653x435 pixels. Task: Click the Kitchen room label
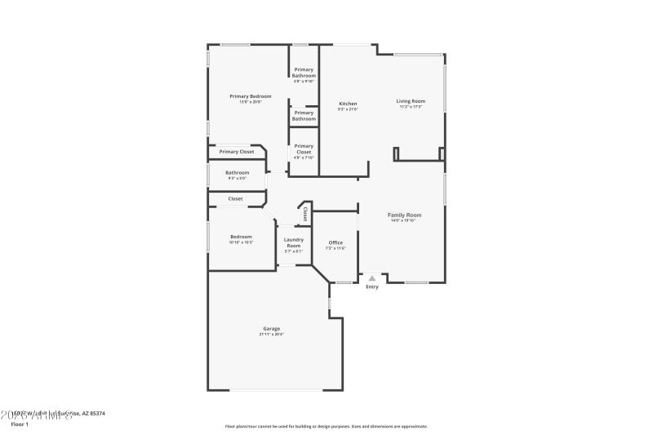pos(348,104)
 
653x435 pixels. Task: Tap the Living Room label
pos(411,101)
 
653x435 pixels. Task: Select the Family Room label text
pos(404,215)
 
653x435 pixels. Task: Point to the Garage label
pos(271,328)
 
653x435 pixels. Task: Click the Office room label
pos(335,242)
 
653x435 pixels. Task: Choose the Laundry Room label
pos(293,242)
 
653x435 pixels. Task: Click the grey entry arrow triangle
pos(372,278)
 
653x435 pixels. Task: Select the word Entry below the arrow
pos(372,286)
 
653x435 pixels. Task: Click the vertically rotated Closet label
pos(305,214)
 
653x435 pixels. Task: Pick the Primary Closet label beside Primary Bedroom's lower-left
pos(236,152)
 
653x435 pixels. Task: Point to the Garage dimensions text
pos(271,334)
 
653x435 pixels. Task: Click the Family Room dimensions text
pos(404,220)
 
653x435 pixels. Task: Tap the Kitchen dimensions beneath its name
pos(348,109)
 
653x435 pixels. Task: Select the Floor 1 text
pos(20,424)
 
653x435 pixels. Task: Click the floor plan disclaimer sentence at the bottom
pos(326,426)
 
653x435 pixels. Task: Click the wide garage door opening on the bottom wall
pos(275,389)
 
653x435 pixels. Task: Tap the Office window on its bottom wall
pos(344,282)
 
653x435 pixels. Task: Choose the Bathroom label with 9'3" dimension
pos(238,172)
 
